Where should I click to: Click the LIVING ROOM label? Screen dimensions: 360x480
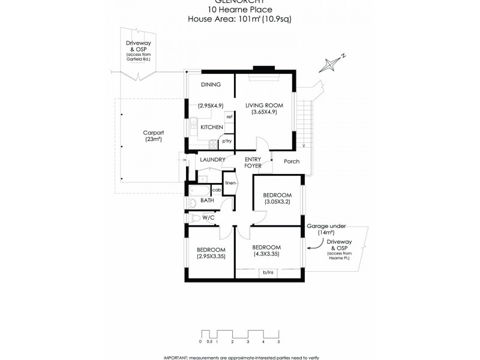click(x=264, y=106)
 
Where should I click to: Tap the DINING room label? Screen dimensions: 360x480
click(x=211, y=85)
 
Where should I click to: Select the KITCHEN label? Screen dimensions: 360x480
click(x=212, y=127)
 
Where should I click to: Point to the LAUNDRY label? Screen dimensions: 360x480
click(x=212, y=160)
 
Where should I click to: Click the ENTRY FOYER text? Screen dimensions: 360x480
click(x=253, y=162)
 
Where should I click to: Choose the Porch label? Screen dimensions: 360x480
click(x=292, y=161)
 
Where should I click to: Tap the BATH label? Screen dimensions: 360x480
click(x=208, y=200)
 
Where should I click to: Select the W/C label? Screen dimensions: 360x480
click(x=208, y=217)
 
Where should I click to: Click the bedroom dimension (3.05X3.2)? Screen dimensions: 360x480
click(x=278, y=202)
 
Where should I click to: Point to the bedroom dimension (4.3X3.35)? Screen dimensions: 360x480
click(x=267, y=255)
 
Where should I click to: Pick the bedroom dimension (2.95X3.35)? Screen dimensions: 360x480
click(x=211, y=257)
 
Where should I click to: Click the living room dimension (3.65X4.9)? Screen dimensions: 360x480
click(x=264, y=113)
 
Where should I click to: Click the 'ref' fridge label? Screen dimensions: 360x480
click(x=229, y=116)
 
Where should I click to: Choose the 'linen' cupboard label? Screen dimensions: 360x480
click(x=231, y=182)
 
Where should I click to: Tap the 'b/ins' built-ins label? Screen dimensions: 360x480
click(x=268, y=273)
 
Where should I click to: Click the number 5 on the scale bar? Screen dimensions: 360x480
click(x=278, y=341)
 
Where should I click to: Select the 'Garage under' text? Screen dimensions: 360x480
click(x=325, y=226)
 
